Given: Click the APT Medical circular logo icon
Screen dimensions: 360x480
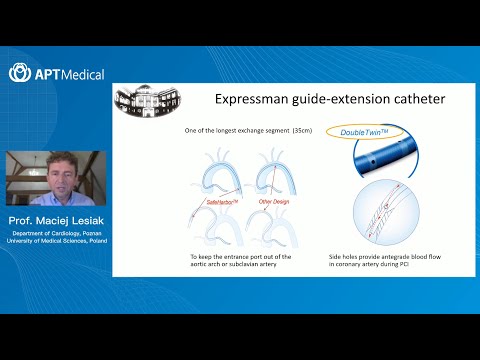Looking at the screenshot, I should pyautogui.click(x=18, y=73).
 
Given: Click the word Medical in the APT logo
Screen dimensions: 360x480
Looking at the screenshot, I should pyautogui.click(x=82, y=74).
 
